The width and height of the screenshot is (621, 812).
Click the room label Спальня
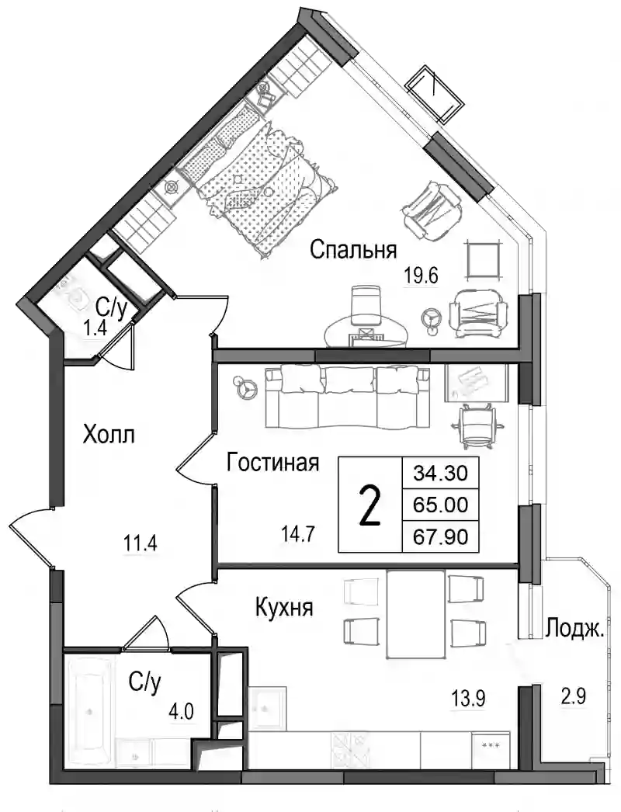coord(353,251)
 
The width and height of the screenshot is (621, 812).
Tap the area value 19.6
coord(421,276)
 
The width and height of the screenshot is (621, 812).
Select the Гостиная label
coord(272,463)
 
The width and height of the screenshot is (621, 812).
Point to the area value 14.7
coord(298,533)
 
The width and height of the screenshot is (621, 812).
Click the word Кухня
coord(284,607)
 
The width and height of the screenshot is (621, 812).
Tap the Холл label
coord(109,434)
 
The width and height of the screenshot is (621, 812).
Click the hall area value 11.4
coord(140,543)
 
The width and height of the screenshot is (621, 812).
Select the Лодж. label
coord(574,629)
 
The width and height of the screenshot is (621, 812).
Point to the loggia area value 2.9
coord(574,696)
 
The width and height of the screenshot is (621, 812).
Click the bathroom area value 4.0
coord(182,713)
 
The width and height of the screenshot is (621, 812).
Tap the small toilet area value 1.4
coord(95,328)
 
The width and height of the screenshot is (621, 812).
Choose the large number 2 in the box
coord(370,505)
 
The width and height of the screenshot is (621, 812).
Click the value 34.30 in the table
coord(440,472)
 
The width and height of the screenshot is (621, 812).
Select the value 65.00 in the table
coord(440,504)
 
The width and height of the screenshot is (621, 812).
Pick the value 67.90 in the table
coord(440,536)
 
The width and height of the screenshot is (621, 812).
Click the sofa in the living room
coord(348,397)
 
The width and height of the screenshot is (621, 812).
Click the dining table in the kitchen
coord(416,614)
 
